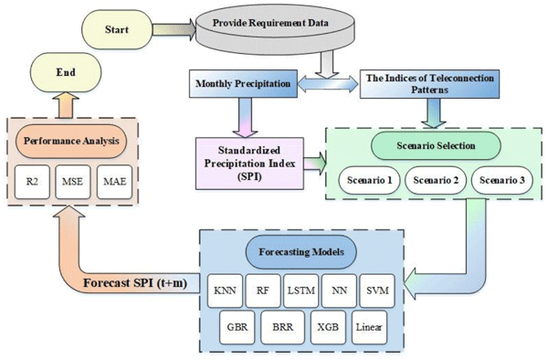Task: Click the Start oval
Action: click(x=117, y=29)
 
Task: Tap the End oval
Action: click(x=66, y=72)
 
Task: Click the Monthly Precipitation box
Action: click(x=243, y=83)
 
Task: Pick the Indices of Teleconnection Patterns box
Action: click(x=429, y=84)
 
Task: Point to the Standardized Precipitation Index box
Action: click(x=249, y=164)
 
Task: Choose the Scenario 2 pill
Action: click(x=436, y=180)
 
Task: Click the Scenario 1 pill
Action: click(x=369, y=180)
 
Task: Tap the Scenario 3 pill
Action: click(x=501, y=180)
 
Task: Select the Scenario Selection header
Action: click(x=436, y=145)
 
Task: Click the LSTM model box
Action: click(x=300, y=291)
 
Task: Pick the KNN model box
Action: click(x=225, y=291)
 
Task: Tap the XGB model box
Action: click(x=328, y=327)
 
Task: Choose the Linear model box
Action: click(x=369, y=327)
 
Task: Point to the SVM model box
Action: click(x=377, y=291)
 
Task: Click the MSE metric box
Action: click(x=73, y=182)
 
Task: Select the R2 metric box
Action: click(x=32, y=182)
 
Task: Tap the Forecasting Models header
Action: click(x=301, y=252)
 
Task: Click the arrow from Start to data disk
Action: click(x=174, y=29)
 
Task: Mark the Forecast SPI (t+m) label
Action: click(x=135, y=282)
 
